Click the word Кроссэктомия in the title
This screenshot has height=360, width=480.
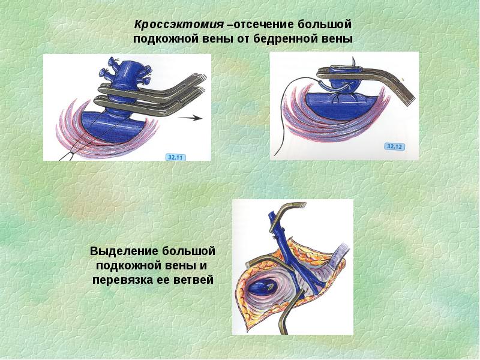pyautogui.click(x=179, y=25)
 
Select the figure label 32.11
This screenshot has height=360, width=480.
pyautogui.click(x=175, y=157)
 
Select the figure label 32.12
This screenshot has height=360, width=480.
pyautogui.click(x=394, y=146)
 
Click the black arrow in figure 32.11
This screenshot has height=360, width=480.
pyautogui.click(x=190, y=118)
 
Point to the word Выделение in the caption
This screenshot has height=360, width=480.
pyautogui.click(x=124, y=251)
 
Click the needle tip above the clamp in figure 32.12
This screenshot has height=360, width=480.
pyautogui.click(x=353, y=58)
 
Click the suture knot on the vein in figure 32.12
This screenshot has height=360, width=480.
pyautogui.click(x=338, y=97)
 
